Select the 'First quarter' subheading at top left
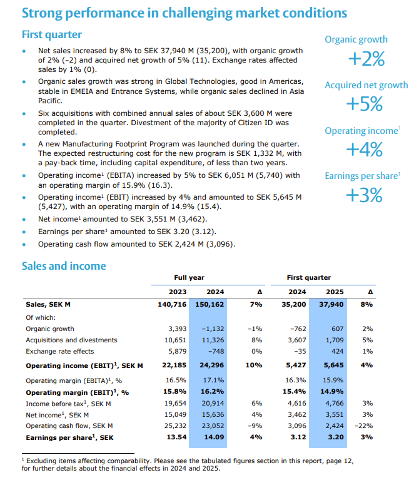click(x=52, y=34)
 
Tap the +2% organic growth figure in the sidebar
click(x=366, y=59)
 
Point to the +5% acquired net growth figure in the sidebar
click(x=366, y=105)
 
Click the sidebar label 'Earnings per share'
click(x=360, y=176)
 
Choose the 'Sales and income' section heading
click(x=64, y=266)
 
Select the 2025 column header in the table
click(x=335, y=292)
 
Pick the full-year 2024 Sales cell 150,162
click(x=210, y=304)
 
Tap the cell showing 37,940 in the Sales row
click(x=331, y=304)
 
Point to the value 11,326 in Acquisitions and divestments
click(x=213, y=340)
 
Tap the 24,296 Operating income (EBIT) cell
click(x=211, y=365)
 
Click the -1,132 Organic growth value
click(x=213, y=329)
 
